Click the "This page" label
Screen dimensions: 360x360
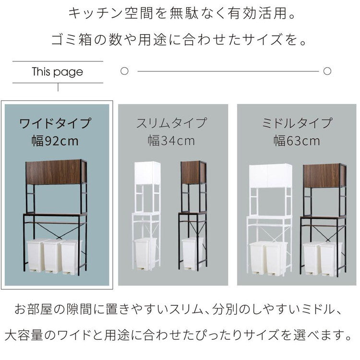pyautogui.click(x=57, y=72)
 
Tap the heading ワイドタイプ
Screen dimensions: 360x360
pyautogui.click(x=55, y=123)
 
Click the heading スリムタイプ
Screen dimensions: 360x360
pyautogui.click(x=171, y=123)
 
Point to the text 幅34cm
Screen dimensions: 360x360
pyautogui.click(x=171, y=141)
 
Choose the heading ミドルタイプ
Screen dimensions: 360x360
pyautogui.click(x=297, y=123)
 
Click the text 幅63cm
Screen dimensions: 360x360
pyautogui.click(x=297, y=141)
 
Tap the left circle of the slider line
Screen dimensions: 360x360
pyautogui.click(x=124, y=72)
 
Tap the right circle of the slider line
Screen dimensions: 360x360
pyautogui.click(x=327, y=72)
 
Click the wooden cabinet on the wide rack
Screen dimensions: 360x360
pyautogui.click(x=56, y=172)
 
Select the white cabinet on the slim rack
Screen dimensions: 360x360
pyautogui.click(x=147, y=173)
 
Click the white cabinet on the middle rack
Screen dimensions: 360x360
pyautogui.click(x=270, y=176)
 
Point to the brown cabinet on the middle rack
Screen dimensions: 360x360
pyautogui.click(x=324, y=176)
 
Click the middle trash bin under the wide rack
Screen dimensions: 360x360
pyautogui.click(x=51, y=256)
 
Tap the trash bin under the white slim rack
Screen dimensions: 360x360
pyautogui.click(x=145, y=253)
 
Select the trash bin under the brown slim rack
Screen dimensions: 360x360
pyautogui.click(x=192, y=253)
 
